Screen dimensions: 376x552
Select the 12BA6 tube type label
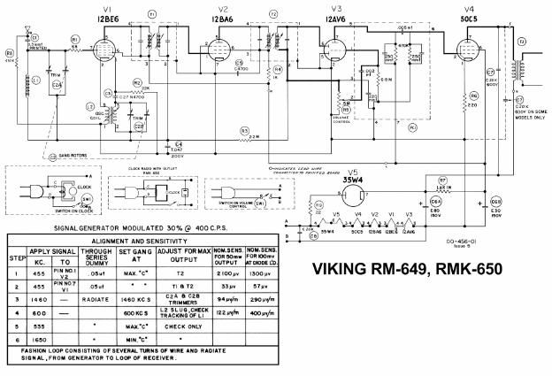tap(221, 18)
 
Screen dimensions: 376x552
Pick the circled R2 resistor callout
tap(137, 81)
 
